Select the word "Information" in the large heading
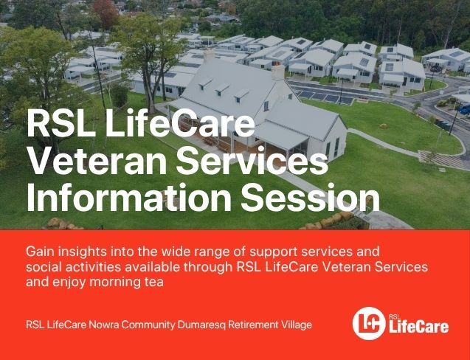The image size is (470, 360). (129, 197)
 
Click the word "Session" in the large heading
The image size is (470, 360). (310, 197)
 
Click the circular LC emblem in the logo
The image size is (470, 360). (369, 323)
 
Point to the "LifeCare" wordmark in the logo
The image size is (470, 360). (419, 327)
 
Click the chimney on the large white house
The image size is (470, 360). (278, 72)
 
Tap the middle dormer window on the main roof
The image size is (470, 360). (222, 89)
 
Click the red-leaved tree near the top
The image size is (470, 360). (106, 13)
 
